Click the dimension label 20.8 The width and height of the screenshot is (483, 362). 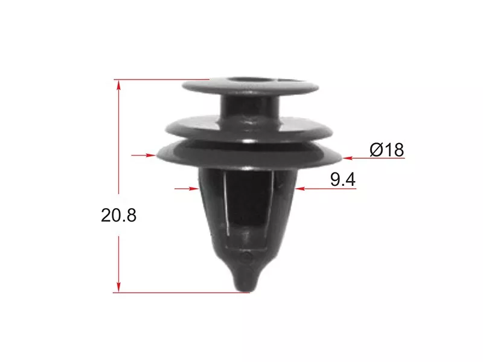tap(118, 215)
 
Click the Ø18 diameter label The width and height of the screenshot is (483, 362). tap(386, 150)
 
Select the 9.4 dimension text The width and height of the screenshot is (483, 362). tap(343, 179)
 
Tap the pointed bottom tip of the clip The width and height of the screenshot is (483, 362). tap(246, 290)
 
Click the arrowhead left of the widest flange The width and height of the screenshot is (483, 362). tap(151, 155)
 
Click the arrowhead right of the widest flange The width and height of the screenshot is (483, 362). tap(347, 158)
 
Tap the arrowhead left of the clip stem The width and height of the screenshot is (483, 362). tap(193, 188)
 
